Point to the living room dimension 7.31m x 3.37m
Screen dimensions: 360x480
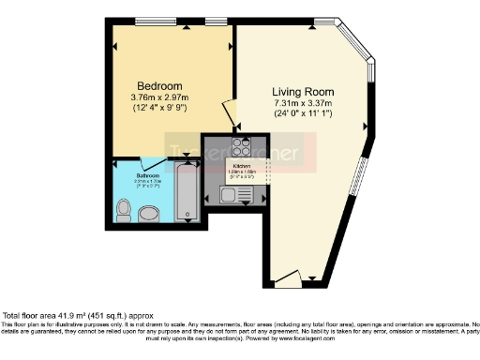click(304, 102)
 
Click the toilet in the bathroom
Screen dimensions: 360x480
click(124, 209)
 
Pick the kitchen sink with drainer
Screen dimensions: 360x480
click(229, 194)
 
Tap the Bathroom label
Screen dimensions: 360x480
click(147, 175)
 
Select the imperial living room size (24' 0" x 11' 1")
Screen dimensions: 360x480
click(304, 113)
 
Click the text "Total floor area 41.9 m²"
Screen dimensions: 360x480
click(56, 316)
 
